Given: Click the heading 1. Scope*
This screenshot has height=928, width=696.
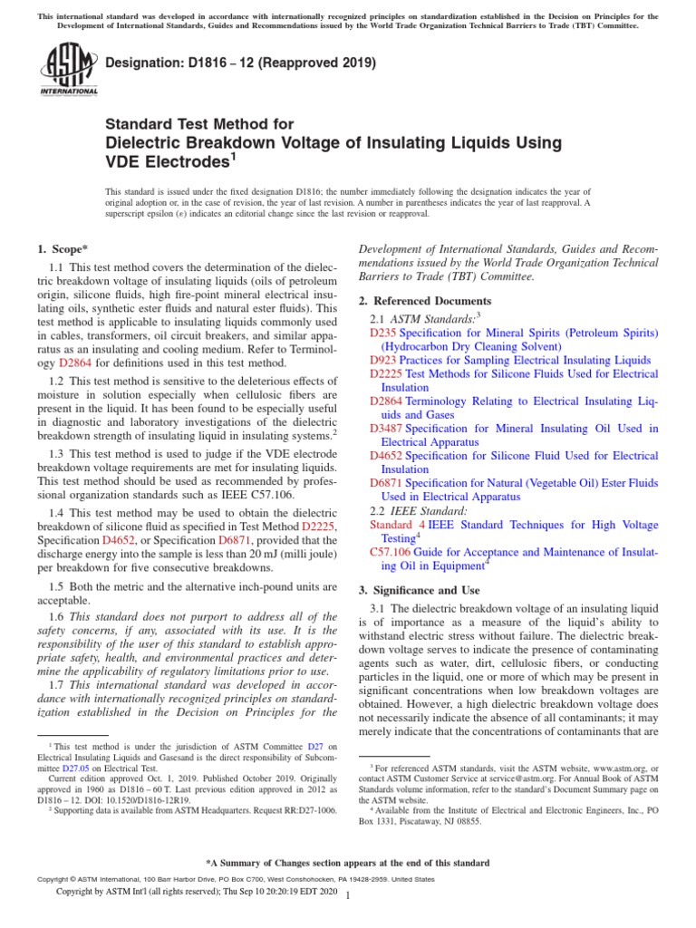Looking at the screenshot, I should (x=63, y=248).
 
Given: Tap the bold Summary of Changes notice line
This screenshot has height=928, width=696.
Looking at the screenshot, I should (x=348, y=863).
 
